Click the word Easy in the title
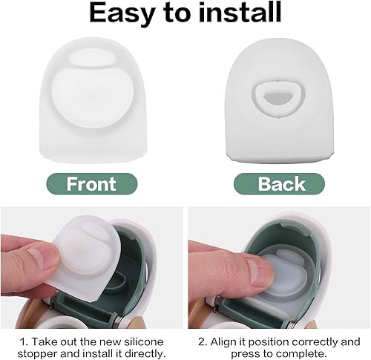click(x=119, y=13)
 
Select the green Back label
click(x=280, y=183)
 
